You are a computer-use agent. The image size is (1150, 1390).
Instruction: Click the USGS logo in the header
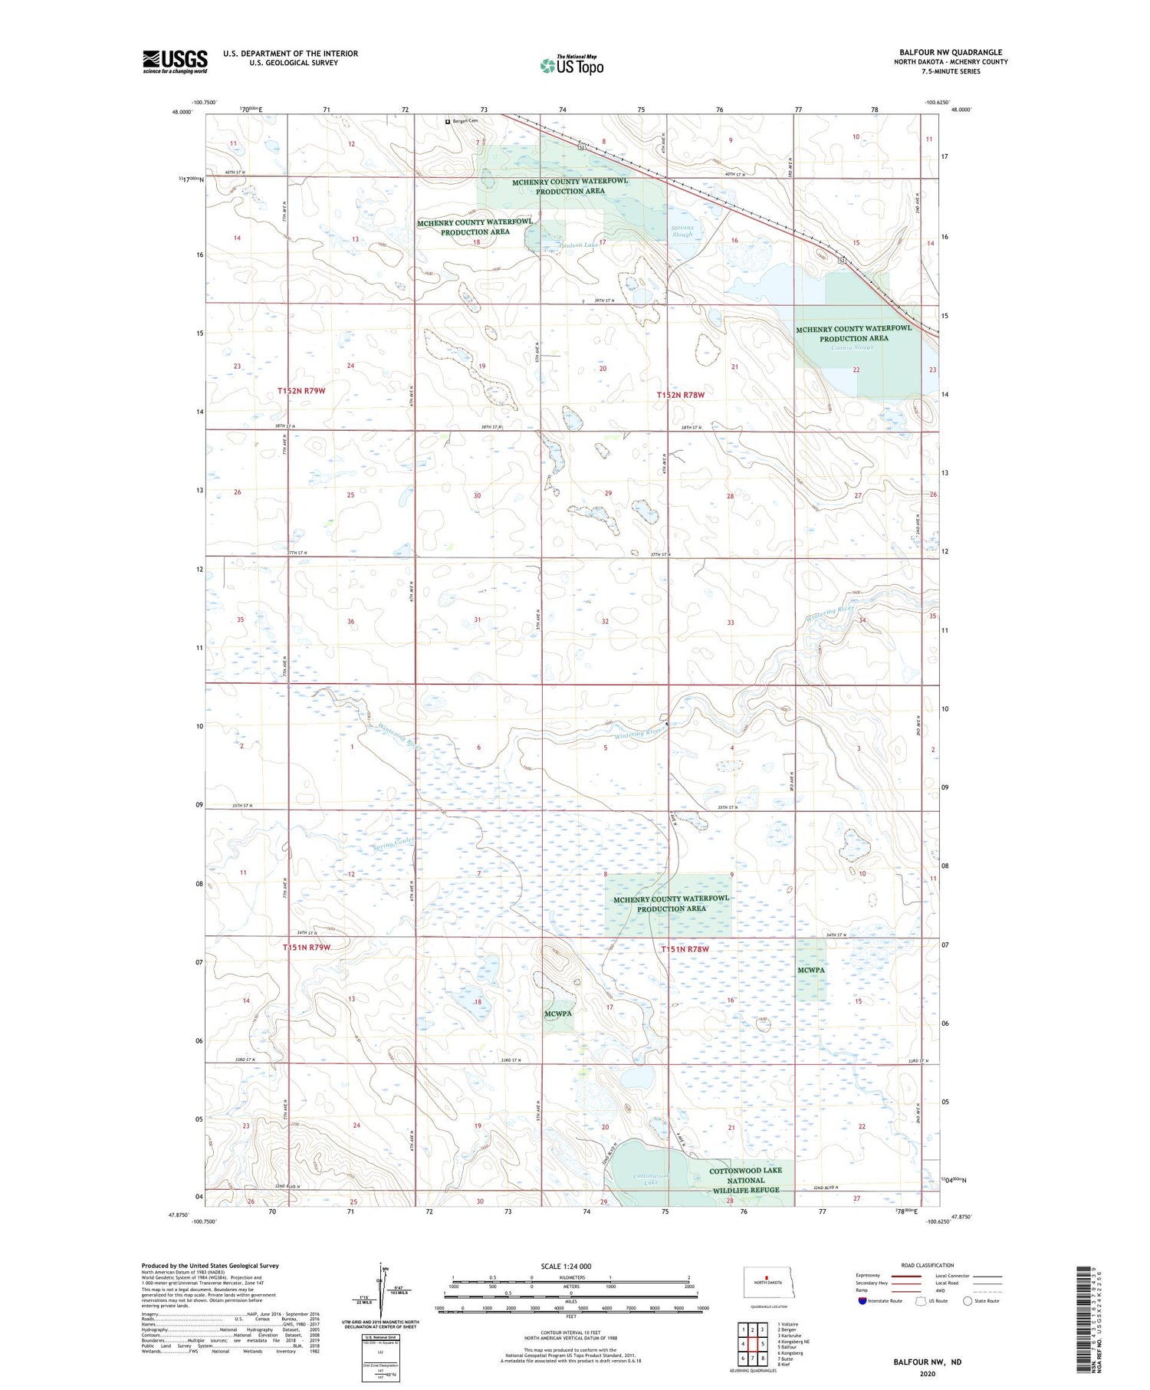[x=175, y=61]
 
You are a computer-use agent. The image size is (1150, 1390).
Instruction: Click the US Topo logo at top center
[x=571, y=66]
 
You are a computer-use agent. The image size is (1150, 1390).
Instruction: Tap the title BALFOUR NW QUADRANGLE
[x=951, y=53]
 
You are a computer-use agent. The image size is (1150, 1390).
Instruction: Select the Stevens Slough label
[x=682, y=231]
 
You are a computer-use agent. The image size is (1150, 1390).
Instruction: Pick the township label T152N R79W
[x=301, y=391]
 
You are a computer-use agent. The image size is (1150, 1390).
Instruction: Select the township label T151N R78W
[x=685, y=949]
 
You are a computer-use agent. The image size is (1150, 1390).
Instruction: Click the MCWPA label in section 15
[x=811, y=970]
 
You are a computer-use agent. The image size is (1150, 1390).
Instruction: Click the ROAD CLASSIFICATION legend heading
[x=928, y=1265]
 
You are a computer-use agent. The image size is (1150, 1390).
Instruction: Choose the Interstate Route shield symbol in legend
[x=863, y=1301]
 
